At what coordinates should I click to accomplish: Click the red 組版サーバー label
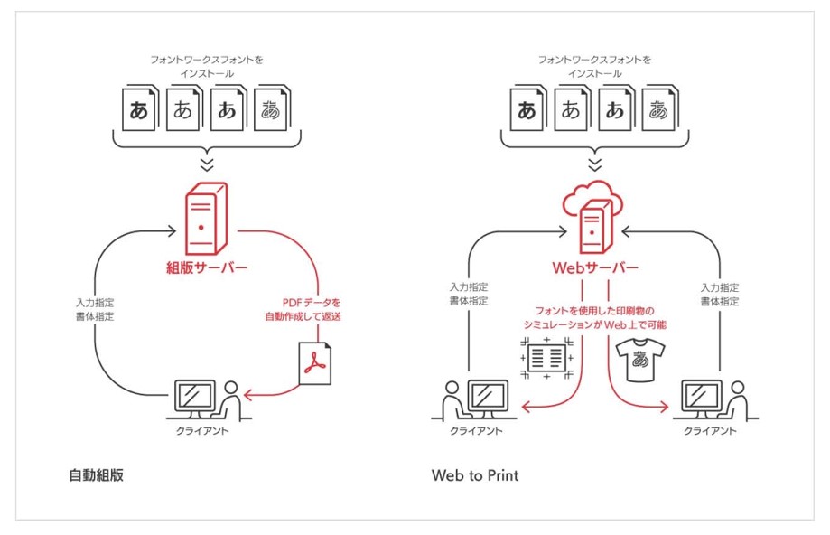pos(207,268)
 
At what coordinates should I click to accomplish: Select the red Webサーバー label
pos(594,268)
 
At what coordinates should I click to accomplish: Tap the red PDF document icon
pos(315,362)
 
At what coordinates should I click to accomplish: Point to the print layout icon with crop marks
pos(545,357)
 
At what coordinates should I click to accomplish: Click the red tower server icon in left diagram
pos(207,218)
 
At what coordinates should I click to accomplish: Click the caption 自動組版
pos(96,474)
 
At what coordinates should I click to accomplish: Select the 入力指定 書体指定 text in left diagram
pos(96,310)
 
